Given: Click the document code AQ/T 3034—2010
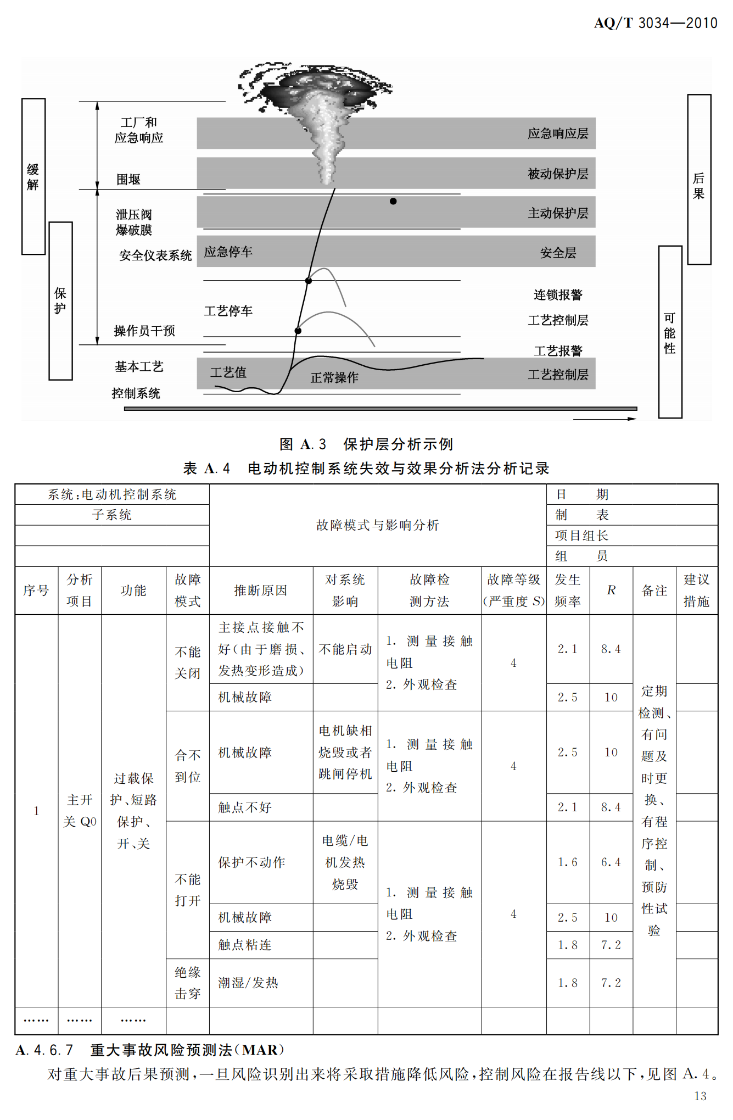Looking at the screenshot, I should click(x=656, y=23).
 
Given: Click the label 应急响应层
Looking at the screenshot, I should click(x=558, y=133).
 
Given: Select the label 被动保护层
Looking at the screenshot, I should click(x=558, y=174).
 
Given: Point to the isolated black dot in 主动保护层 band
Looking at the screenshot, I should click(x=393, y=202).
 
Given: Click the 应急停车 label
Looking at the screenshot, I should click(x=228, y=252).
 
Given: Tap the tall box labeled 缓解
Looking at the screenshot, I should click(x=33, y=176).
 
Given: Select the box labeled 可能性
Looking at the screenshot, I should click(x=670, y=332).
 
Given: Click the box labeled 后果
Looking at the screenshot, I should click(x=699, y=180).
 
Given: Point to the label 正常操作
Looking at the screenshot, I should click(x=334, y=378).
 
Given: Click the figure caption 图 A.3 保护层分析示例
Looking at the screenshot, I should click(x=366, y=444).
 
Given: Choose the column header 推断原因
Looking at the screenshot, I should click(x=261, y=590).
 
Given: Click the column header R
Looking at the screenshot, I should click(x=611, y=590).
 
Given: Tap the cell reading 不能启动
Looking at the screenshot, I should click(x=345, y=649).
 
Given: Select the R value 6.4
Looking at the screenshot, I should click(x=611, y=862).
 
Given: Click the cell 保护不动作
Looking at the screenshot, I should click(x=251, y=862).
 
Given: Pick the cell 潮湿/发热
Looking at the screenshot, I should click(x=248, y=983).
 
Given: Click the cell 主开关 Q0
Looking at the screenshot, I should click(x=80, y=811).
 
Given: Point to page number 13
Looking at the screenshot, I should click(x=700, y=1096).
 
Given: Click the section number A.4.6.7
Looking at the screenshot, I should click(x=44, y=1050).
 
